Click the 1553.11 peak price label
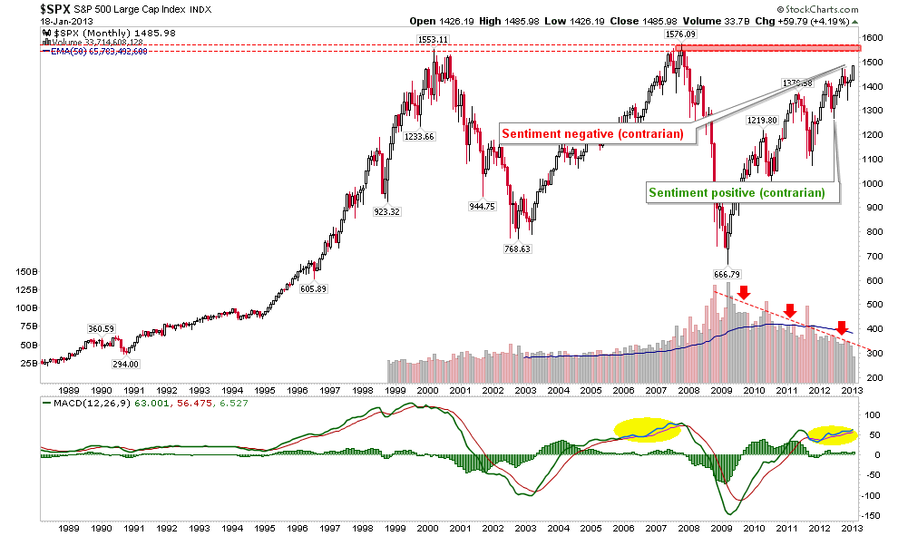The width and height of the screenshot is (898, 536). (433, 40)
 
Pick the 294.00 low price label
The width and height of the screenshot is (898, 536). (126, 364)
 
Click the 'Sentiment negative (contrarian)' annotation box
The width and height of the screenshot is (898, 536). (594, 133)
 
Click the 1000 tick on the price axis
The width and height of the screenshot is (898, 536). (872, 183)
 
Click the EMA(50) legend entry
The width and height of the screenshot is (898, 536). (89, 51)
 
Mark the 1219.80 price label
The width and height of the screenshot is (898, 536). (763, 120)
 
